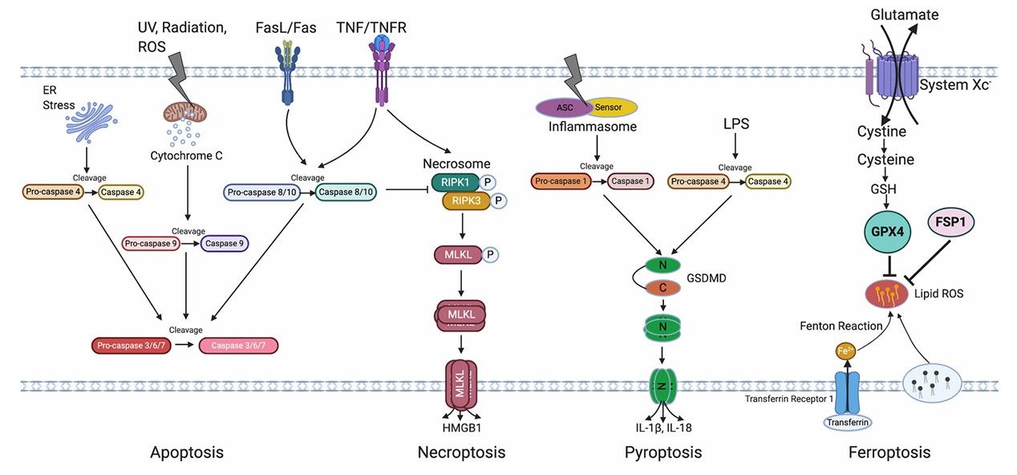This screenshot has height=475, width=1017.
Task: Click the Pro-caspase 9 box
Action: [150, 242]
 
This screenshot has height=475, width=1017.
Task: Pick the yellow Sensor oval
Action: [613, 107]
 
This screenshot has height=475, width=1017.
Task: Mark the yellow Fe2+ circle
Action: [845, 351]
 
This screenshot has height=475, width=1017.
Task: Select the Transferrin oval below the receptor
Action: [849, 421]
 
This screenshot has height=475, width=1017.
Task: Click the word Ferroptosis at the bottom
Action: [889, 453]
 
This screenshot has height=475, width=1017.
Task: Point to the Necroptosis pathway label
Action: [461, 453]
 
